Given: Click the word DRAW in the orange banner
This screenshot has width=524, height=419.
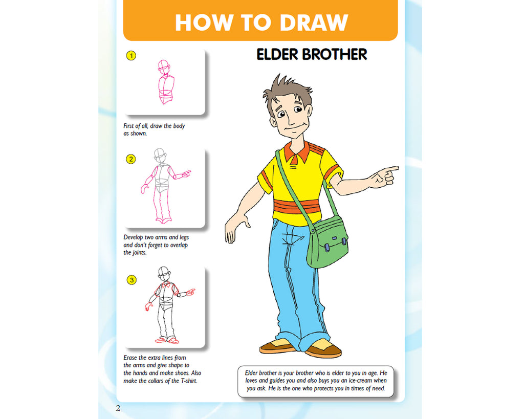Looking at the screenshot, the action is (314, 23).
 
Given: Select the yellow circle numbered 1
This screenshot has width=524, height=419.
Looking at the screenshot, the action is (131, 55).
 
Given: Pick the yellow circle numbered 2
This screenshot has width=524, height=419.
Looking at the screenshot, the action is (131, 159).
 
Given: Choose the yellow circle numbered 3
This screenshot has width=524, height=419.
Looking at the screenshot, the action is (132, 280).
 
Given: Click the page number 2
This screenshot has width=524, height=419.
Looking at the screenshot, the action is (118, 408).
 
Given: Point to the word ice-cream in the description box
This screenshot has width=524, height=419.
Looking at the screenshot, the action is (360, 381).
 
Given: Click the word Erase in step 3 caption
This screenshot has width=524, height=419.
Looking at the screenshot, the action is (130, 358).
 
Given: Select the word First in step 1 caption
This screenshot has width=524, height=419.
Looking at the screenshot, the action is (128, 126).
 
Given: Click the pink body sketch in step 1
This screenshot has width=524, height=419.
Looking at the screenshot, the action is (165, 82).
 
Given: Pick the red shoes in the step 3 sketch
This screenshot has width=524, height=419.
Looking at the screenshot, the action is (167, 341).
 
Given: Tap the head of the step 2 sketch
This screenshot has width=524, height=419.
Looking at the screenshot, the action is (160, 156).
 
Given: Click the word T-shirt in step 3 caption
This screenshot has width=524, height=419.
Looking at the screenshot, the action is (189, 381).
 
